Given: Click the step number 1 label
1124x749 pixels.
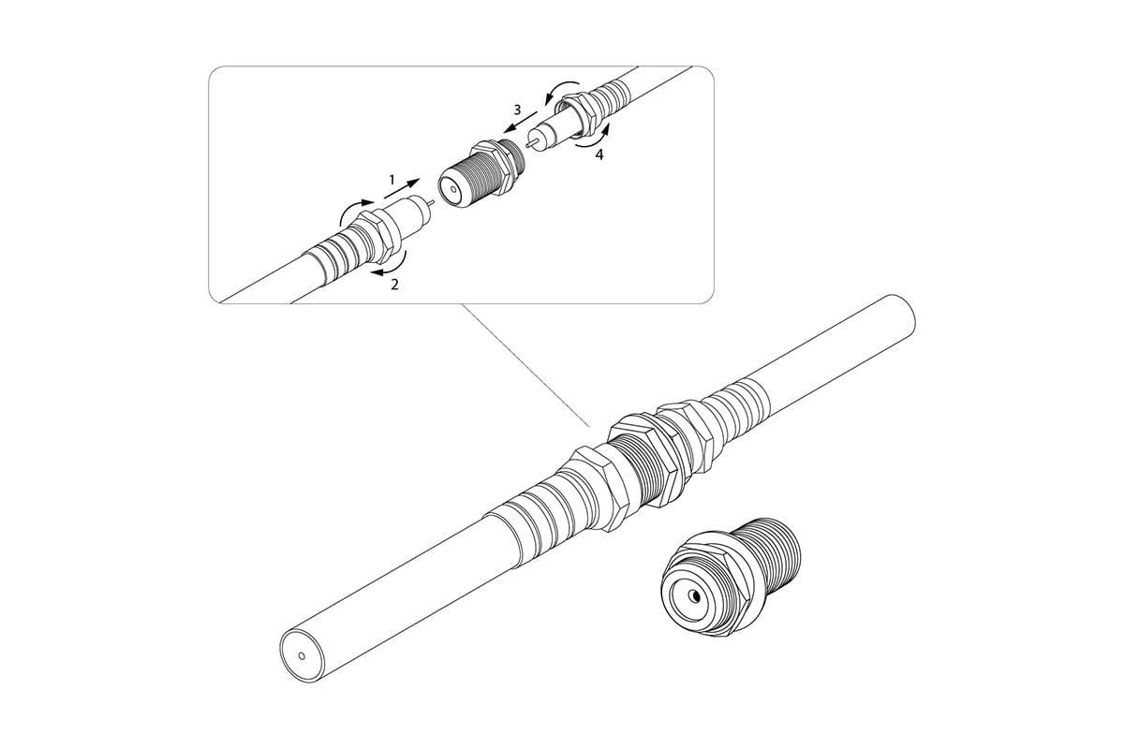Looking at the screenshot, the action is click(x=392, y=180).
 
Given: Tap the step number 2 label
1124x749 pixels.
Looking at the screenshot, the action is click(x=395, y=285).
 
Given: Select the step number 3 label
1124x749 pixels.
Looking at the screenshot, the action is click(x=517, y=110).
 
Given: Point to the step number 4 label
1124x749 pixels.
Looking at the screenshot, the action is click(x=599, y=154).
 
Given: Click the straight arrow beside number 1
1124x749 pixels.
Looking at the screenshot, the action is click(x=402, y=188).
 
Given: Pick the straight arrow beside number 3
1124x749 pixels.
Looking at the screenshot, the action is click(x=521, y=122).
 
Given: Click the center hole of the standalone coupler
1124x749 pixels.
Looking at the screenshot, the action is click(x=695, y=596).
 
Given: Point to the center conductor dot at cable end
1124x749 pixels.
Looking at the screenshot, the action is click(x=302, y=655).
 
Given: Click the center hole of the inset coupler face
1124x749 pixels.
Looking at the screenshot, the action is click(x=453, y=190).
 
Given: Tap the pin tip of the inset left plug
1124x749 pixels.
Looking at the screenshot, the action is click(x=433, y=202).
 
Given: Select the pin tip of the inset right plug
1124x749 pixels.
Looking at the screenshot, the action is click(x=526, y=144).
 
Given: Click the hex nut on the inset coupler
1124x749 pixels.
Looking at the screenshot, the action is click(x=495, y=167).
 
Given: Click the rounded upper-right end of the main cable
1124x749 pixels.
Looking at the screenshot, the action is click(x=904, y=312).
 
